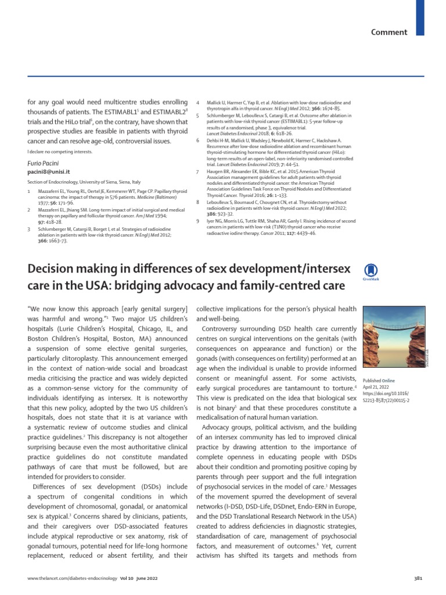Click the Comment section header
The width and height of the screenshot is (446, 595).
coord(390,32)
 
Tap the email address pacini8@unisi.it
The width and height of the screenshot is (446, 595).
coord(49,173)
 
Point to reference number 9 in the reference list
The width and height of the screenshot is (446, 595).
coord(199,221)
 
